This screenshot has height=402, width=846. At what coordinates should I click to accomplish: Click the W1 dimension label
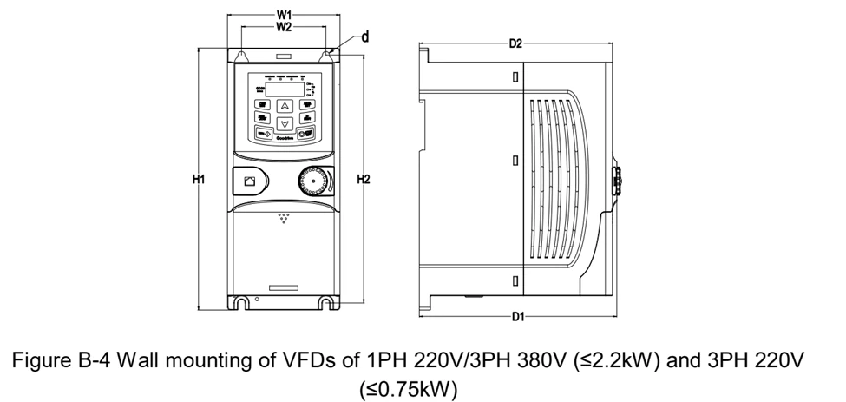[x=284, y=15]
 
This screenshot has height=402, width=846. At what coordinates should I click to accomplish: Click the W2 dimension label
[x=284, y=27]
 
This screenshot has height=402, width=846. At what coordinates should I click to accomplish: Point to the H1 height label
[x=199, y=180]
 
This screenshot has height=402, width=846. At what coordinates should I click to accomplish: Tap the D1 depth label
[x=517, y=317]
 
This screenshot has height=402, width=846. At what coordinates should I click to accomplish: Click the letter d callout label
[x=365, y=36]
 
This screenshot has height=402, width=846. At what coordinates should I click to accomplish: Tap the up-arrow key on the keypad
[x=284, y=105]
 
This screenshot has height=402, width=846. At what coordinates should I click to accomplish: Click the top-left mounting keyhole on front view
[x=243, y=55]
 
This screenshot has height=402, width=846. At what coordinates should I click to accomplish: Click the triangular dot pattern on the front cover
[x=284, y=216]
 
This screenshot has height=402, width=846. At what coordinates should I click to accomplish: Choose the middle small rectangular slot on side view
[x=515, y=161]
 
